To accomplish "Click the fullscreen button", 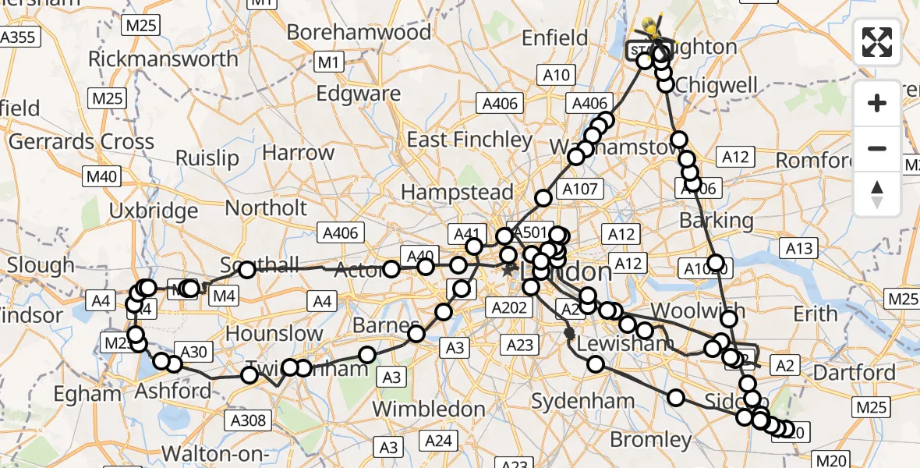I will point(877,42).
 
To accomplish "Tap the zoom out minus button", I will point(877,148).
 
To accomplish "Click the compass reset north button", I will point(877,194).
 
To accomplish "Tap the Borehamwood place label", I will point(359,33).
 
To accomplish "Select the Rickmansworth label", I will point(163,59).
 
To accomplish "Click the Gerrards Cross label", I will point(81,142).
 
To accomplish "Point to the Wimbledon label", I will point(429,409).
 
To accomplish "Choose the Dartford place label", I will point(855,373).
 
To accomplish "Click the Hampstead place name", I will point(457,192).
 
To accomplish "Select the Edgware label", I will point(358,94).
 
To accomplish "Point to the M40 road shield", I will point(103,176).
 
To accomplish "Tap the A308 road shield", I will point(249,421).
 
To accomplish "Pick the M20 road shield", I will point(830,460).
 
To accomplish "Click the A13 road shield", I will point(799,249).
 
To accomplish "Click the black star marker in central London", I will point(508,271).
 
